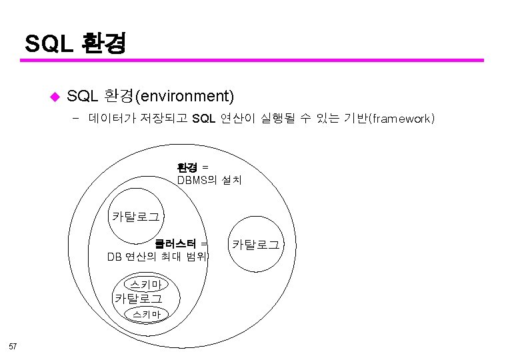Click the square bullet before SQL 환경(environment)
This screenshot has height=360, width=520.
coord(55,97)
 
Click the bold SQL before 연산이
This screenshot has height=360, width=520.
coord(203,119)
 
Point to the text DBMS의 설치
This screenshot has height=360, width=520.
coord(209,180)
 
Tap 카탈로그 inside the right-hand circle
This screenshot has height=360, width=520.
coord(256,245)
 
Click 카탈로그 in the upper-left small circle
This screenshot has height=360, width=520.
coord(135,216)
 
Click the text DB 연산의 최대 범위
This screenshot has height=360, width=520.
coord(158,257)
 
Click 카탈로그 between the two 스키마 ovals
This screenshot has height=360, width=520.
coord(138,299)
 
